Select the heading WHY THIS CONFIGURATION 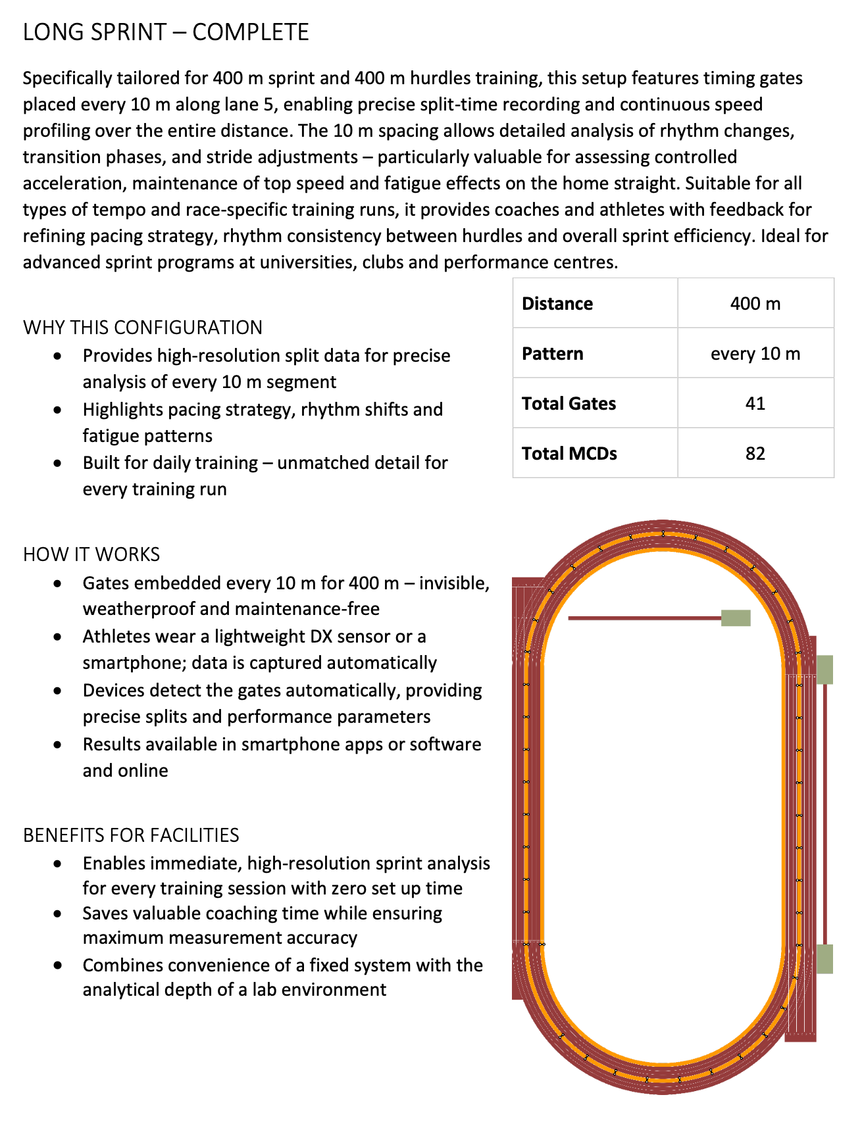click(143, 328)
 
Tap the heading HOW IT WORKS click(91, 554)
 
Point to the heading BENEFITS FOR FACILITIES click(131, 835)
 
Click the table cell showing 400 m click(755, 304)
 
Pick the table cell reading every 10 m click(755, 354)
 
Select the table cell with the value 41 click(755, 403)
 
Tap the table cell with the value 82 click(755, 453)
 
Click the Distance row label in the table click(557, 304)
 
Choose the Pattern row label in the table click(553, 354)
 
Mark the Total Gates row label click(569, 403)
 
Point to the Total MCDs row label click(570, 453)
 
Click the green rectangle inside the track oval click(736, 618)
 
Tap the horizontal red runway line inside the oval click(644, 618)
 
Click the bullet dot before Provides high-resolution click(59, 356)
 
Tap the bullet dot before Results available click(59, 745)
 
